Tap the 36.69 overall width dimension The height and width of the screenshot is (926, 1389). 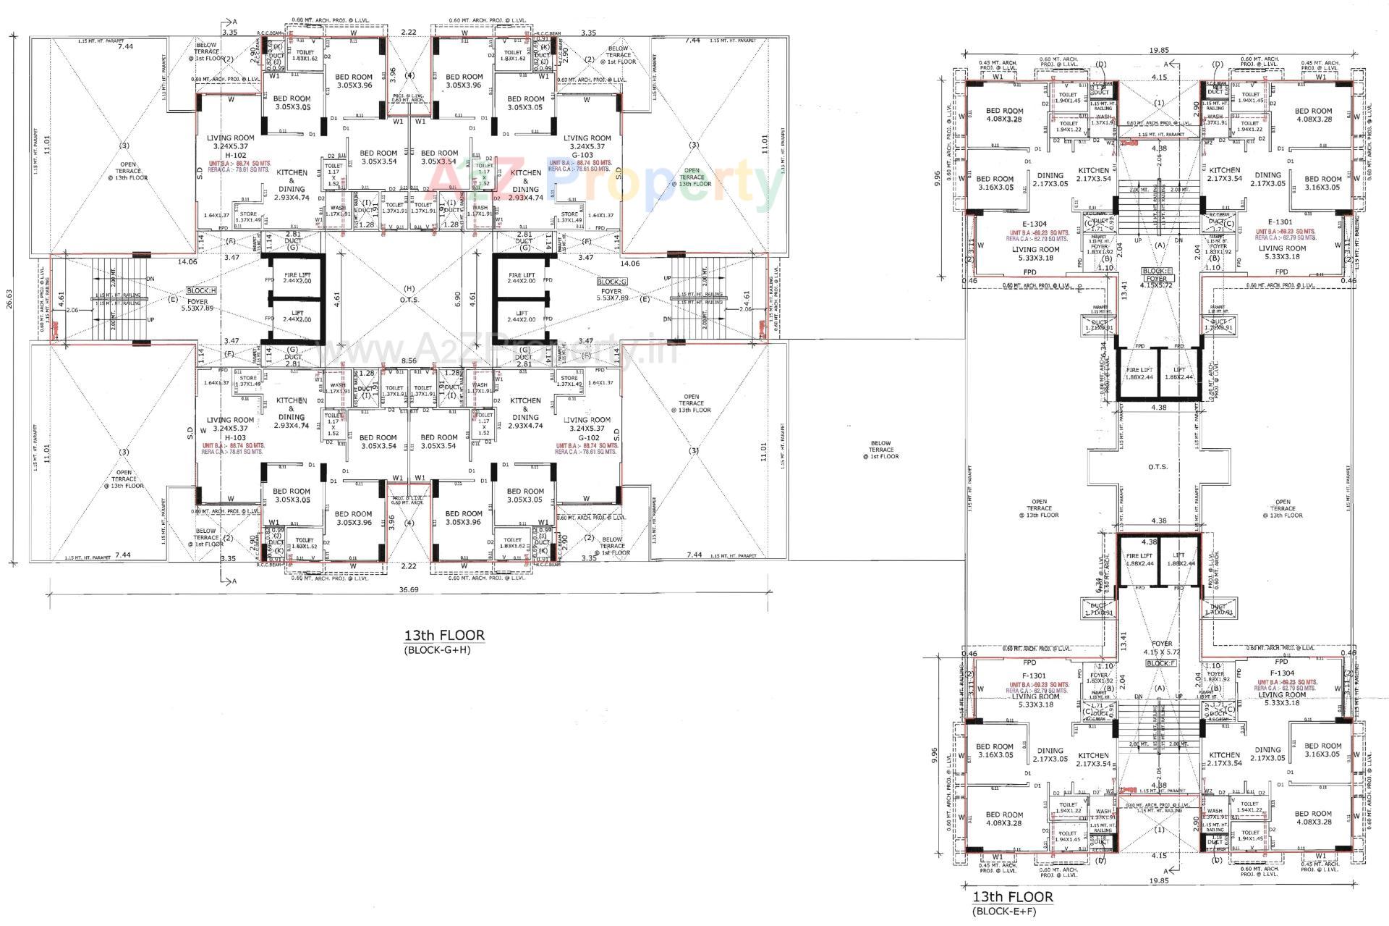point(409,589)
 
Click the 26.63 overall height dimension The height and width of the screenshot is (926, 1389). point(8,300)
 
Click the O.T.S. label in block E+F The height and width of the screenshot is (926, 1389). point(1157,467)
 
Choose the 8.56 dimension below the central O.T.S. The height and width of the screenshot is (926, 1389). point(409,360)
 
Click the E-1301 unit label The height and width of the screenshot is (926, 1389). point(1280,222)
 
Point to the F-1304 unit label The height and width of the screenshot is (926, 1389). point(1281,673)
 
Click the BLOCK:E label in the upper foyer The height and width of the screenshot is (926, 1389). point(1156,270)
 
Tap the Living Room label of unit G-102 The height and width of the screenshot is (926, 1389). point(587,420)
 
